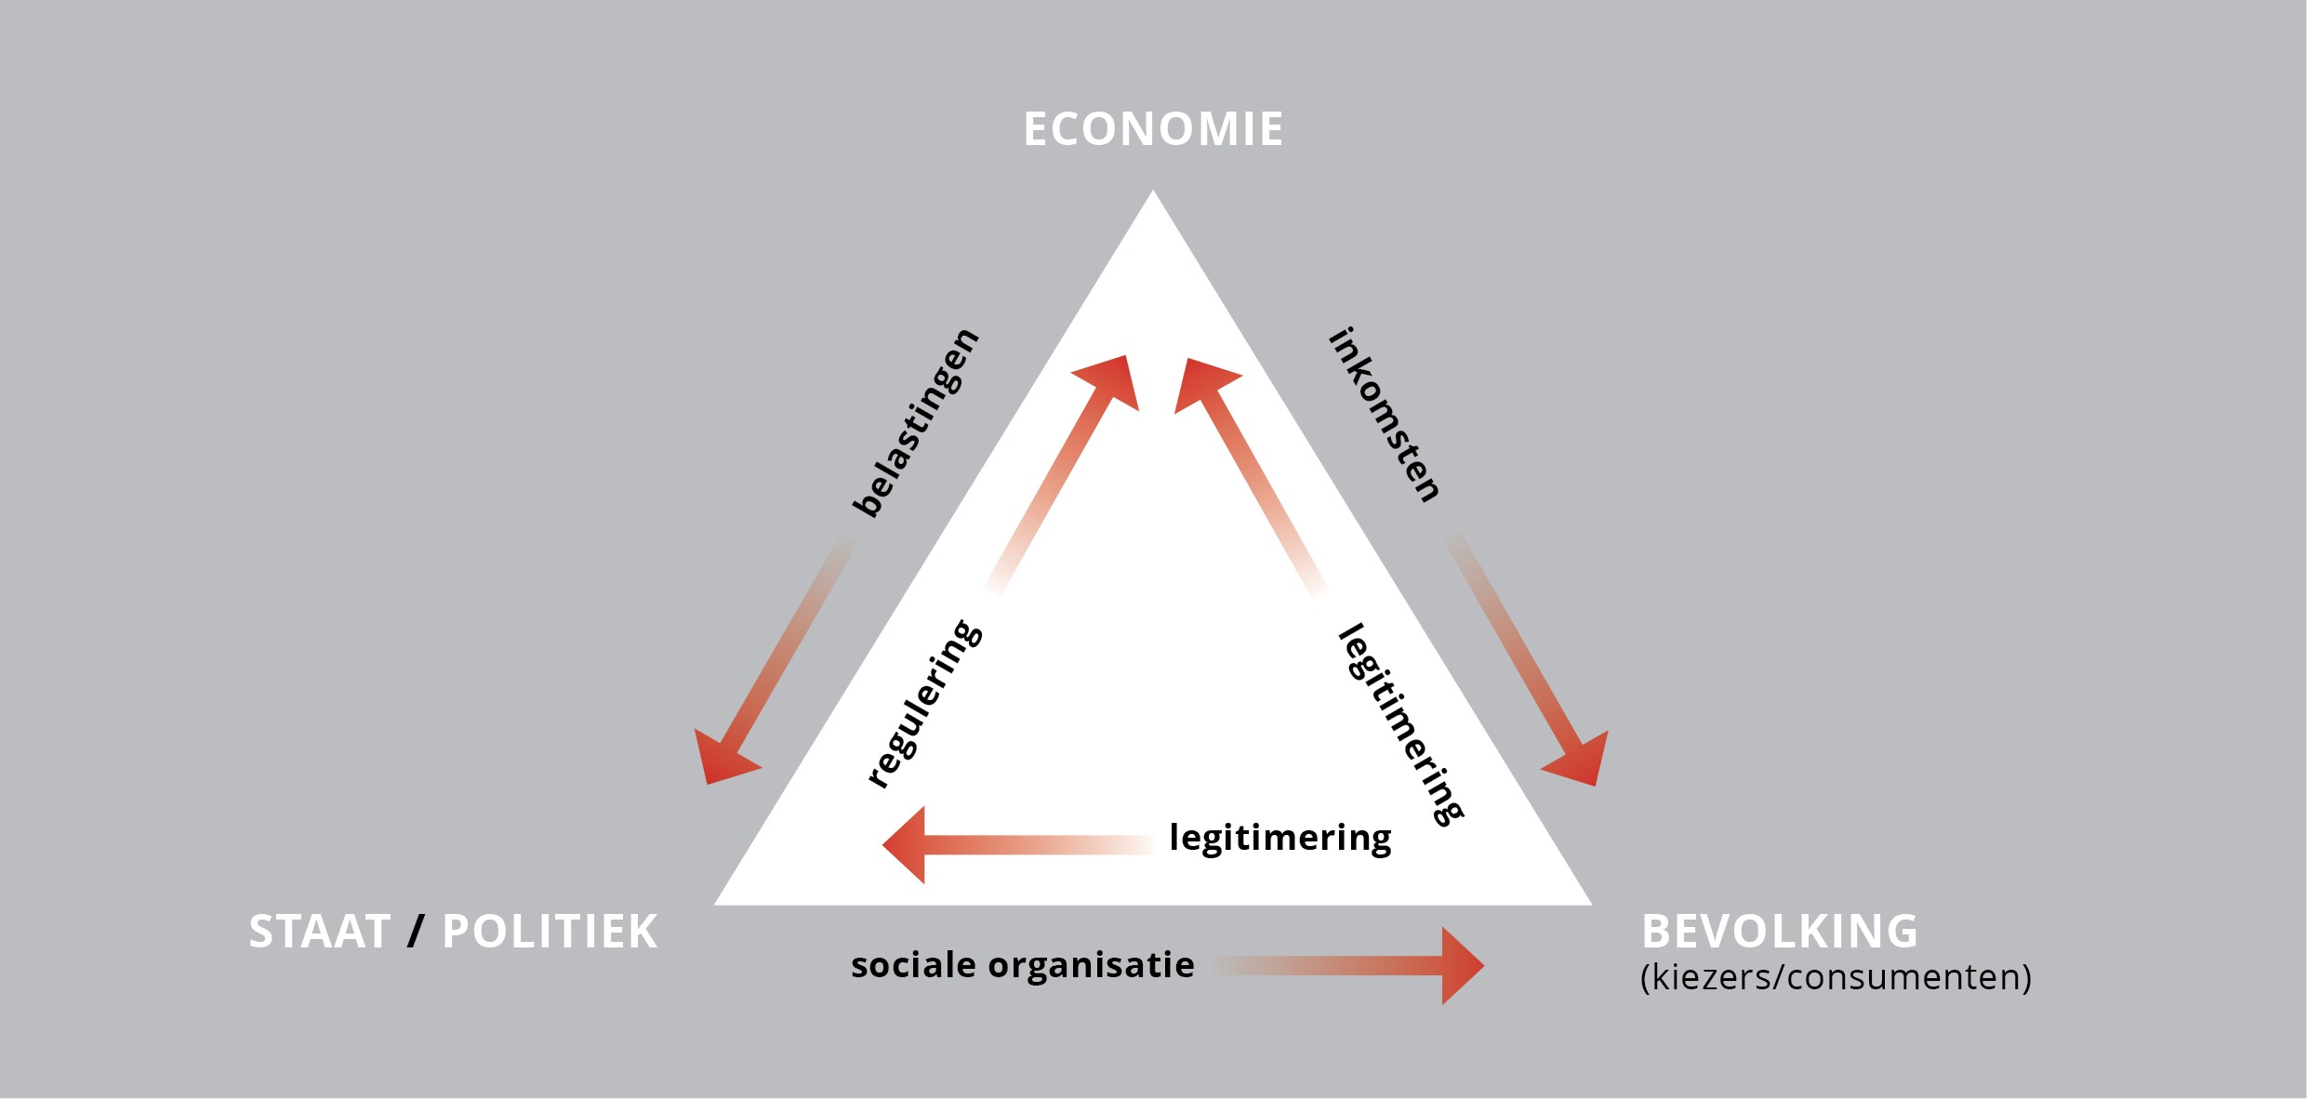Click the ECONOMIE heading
(x=1153, y=129)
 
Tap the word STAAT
(x=320, y=932)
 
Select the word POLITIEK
(x=550, y=932)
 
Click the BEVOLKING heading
(x=1780, y=931)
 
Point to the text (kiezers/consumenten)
(x=1836, y=977)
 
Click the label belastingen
(x=916, y=422)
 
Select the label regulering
(x=924, y=704)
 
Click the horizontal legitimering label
(x=1279, y=838)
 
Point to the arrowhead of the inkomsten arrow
(x=1580, y=760)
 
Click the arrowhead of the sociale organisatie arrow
(x=1459, y=965)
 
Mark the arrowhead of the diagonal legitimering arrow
(x=1201, y=383)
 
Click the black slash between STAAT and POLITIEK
(x=416, y=932)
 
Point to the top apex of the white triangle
(x=1153, y=195)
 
